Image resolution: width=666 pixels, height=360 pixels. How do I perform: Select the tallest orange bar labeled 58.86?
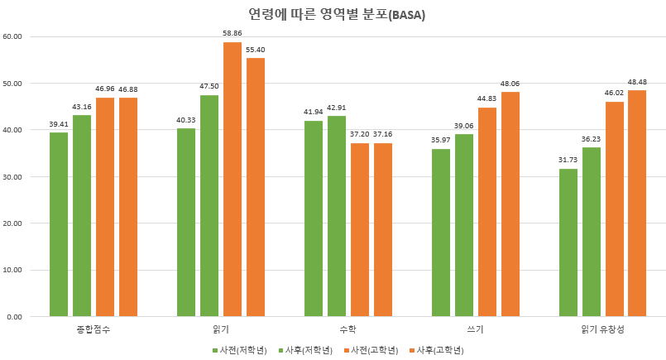(232, 179)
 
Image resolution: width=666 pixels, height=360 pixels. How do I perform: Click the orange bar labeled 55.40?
(256, 187)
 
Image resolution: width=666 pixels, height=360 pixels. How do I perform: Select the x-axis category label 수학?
(337, 329)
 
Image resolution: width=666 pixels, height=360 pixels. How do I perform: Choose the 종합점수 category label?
(93, 329)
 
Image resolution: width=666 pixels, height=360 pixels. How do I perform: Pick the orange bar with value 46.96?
(105, 207)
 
